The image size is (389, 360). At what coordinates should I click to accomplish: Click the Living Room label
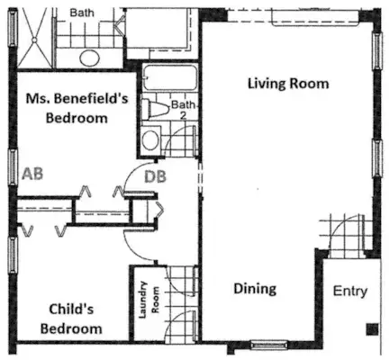click(x=288, y=84)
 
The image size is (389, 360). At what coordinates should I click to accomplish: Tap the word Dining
click(x=255, y=289)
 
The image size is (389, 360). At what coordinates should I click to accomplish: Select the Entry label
click(x=350, y=291)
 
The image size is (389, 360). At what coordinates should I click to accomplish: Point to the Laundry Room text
click(x=149, y=300)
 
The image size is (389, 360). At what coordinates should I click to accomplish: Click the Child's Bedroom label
click(x=71, y=319)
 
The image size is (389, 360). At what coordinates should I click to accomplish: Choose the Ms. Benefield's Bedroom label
click(x=77, y=108)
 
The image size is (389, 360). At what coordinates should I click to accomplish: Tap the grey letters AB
click(x=32, y=174)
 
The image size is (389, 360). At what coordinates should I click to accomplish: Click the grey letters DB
click(x=155, y=176)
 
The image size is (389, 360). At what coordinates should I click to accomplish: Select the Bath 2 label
click(x=183, y=110)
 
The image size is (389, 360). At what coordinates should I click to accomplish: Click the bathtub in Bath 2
click(x=169, y=77)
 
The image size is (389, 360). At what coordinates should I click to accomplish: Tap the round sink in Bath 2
click(x=150, y=140)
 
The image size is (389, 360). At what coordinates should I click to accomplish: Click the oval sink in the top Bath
click(x=90, y=58)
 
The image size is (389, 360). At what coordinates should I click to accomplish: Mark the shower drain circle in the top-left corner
click(x=34, y=40)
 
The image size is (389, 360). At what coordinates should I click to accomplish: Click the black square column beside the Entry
click(x=372, y=329)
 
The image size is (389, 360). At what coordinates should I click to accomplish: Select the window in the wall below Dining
click(x=268, y=345)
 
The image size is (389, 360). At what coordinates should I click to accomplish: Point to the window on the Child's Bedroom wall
click(x=13, y=255)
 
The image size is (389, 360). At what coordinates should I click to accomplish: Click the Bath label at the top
click(x=82, y=13)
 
